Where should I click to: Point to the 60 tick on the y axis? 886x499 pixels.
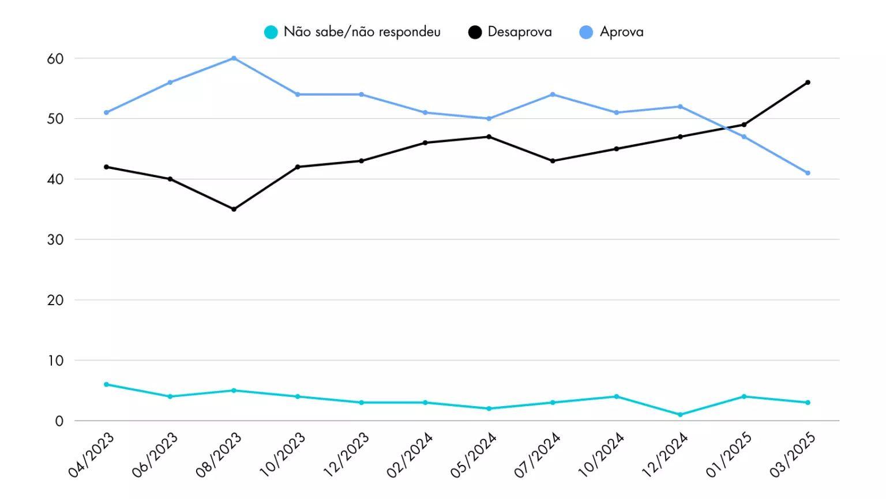[x=55, y=58]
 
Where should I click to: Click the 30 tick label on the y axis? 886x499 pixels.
[x=55, y=239]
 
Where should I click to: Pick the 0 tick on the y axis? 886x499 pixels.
[x=59, y=421]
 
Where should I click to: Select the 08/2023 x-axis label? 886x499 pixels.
[x=219, y=455]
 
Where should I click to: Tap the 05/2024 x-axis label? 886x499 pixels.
[x=474, y=455]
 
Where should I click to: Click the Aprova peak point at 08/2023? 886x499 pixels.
[x=234, y=58]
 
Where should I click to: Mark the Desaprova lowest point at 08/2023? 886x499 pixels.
[x=234, y=209]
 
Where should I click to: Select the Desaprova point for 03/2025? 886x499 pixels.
[x=808, y=82]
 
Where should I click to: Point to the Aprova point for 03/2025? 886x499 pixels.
[x=808, y=173]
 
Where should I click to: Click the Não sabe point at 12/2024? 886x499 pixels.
[x=680, y=415]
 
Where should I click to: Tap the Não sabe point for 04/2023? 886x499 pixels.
[x=106, y=384]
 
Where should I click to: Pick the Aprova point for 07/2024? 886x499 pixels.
[x=553, y=95]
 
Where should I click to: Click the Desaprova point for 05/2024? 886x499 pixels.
[x=489, y=137]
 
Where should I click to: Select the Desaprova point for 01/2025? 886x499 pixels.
[x=744, y=125]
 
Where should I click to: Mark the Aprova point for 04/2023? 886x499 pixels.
[x=106, y=112]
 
